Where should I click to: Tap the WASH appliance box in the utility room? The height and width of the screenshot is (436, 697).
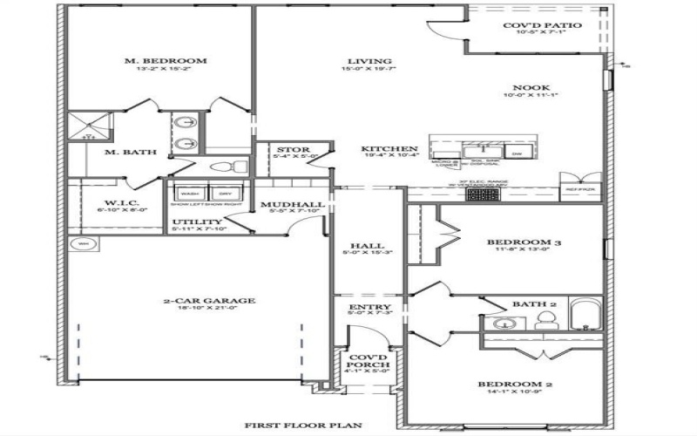click(190, 194)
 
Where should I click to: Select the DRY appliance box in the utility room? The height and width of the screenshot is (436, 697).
click(224, 194)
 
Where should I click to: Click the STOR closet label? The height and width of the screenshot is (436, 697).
click(288, 150)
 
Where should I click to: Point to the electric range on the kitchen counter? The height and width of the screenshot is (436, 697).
click(478, 194)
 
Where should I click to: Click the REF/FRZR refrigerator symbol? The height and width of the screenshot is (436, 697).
click(579, 189)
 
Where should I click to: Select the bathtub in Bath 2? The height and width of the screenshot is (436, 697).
click(584, 316)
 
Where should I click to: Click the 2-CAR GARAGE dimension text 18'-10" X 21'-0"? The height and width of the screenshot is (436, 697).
click(209, 310)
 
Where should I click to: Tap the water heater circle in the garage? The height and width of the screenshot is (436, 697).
click(85, 244)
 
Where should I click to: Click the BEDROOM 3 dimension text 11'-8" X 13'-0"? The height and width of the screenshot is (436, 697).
click(518, 251)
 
